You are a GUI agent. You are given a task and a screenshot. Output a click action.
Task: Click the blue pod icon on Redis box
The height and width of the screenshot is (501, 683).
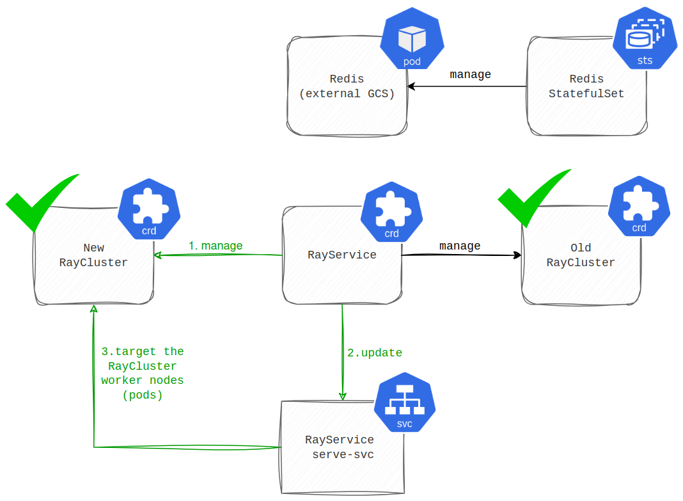(x=412, y=39)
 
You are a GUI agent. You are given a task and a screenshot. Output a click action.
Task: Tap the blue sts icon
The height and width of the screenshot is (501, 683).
(x=645, y=39)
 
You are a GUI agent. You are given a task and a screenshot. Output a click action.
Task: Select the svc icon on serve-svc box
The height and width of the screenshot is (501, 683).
(x=405, y=402)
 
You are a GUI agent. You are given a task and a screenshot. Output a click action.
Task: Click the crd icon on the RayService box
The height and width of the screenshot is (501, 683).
(x=391, y=212)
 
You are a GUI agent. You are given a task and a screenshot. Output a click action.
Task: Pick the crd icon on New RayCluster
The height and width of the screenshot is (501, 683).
(x=149, y=209)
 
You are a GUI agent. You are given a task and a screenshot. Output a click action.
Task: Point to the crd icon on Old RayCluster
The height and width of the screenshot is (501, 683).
(x=639, y=207)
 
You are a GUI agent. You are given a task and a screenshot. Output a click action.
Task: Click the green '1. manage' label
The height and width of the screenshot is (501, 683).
(x=216, y=246)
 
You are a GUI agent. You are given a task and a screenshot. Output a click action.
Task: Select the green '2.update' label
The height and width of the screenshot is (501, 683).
(x=375, y=353)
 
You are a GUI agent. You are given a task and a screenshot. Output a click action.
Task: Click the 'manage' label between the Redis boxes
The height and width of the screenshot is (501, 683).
(x=470, y=75)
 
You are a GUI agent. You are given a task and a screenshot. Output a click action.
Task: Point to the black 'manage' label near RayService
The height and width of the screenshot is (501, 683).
(x=460, y=246)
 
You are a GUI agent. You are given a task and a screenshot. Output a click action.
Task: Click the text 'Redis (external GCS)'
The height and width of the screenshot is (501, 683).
(x=347, y=86)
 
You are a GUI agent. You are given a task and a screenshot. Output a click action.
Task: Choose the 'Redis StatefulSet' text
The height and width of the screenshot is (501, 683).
(x=586, y=86)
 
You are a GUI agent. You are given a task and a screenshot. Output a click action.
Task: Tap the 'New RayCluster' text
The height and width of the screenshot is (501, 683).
(x=93, y=255)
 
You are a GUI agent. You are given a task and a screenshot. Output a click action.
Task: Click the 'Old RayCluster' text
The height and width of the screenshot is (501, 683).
(x=581, y=255)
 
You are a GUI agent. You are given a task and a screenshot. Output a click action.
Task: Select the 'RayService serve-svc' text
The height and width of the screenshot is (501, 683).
(x=340, y=447)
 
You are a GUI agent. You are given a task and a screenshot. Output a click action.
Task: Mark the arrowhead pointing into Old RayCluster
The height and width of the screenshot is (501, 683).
(x=517, y=255)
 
